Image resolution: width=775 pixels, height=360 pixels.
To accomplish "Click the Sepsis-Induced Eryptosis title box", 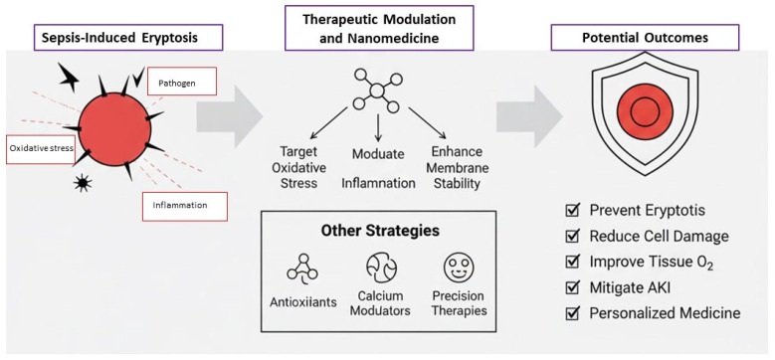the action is (x=128, y=38).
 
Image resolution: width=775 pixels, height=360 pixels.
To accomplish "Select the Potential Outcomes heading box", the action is (x=645, y=38).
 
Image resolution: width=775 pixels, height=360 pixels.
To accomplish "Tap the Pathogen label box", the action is (x=182, y=81).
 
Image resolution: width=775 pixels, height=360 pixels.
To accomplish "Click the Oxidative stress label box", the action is (x=41, y=148).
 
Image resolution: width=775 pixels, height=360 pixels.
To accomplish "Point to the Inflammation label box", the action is (x=185, y=206).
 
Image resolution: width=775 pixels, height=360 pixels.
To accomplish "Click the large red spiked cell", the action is (x=114, y=129).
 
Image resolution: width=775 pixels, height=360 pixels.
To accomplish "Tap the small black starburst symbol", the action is (x=83, y=184).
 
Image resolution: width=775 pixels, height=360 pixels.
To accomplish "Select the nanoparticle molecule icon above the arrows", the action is (x=378, y=90).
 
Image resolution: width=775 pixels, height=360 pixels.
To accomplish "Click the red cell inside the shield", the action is (x=645, y=111).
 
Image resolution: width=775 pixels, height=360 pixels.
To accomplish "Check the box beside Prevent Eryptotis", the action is (x=572, y=211).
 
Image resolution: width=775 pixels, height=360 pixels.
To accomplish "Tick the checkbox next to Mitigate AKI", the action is (x=572, y=287).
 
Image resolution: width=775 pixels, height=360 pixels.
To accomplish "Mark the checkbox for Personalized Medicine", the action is (x=572, y=313).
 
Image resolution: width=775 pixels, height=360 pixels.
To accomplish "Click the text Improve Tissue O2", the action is (x=652, y=263).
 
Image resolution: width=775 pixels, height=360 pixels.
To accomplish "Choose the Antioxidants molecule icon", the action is (x=302, y=269).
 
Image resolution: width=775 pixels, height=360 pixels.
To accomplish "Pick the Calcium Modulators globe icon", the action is (x=382, y=268).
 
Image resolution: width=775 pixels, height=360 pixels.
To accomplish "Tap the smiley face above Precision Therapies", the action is (x=460, y=269).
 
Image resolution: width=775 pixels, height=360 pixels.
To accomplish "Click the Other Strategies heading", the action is (x=380, y=231).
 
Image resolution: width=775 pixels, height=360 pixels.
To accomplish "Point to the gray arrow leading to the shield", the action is (x=529, y=116).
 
